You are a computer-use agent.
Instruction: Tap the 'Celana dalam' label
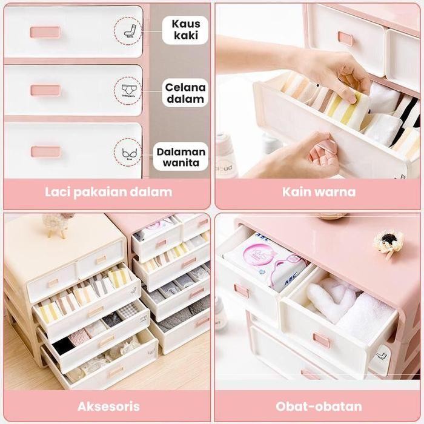point(185,93)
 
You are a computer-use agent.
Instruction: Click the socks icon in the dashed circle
point(129,30)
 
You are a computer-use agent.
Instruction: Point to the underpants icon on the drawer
point(129,90)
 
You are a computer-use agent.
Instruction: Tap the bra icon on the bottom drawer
point(129,153)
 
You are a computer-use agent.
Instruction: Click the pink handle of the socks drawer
point(45,32)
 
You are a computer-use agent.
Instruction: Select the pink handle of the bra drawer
point(45,151)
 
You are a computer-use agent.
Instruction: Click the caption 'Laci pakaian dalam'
point(108,193)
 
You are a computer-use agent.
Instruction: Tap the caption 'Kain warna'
point(319,193)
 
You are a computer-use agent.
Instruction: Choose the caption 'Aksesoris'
point(108,406)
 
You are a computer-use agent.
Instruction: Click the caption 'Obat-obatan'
point(319,406)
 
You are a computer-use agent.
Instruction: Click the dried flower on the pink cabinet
point(388,242)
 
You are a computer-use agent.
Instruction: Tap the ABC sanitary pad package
point(267,260)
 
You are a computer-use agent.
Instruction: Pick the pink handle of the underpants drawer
point(45,90)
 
